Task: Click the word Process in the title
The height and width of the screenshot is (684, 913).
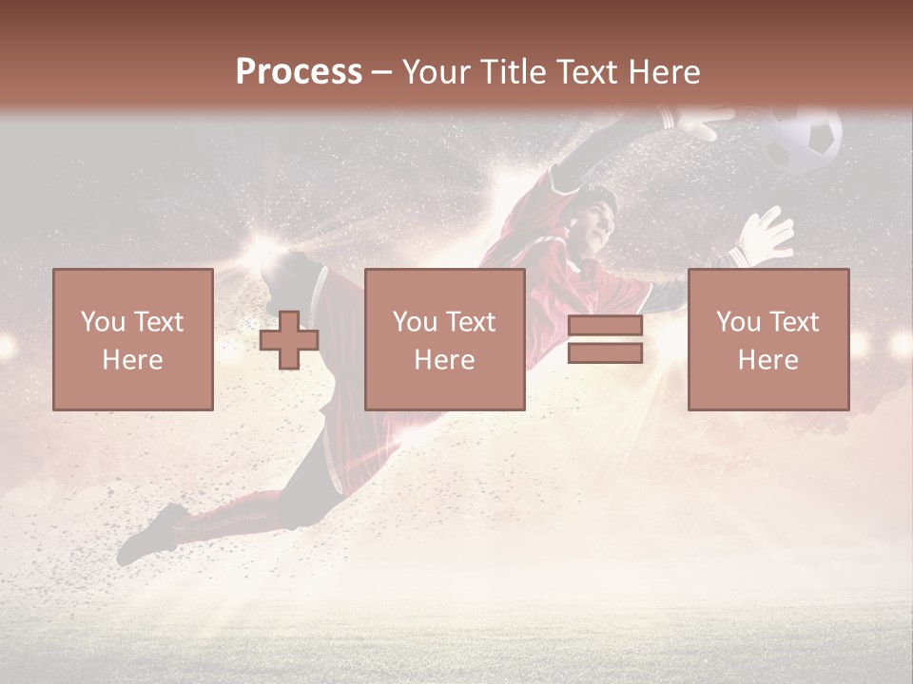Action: pyautogui.click(x=299, y=72)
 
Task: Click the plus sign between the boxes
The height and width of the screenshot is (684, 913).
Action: pyautogui.click(x=289, y=340)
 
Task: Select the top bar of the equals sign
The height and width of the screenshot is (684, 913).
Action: pyautogui.click(x=605, y=326)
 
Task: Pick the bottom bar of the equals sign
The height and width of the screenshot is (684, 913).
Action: pyautogui.click(x=605, y=353)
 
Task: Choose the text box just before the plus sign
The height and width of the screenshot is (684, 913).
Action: pyautogui.click(x=133, y=339)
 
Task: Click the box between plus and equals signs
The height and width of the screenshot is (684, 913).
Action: pyautogui.click(x=444, y=339)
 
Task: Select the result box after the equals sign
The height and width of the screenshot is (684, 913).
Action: pyautogui.click(x=768, y=339)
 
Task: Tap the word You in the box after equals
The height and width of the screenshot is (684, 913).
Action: pyautogui.click(x=739, y=322)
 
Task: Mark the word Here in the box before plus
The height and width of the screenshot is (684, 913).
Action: pyautogui.click(x=132, y=359)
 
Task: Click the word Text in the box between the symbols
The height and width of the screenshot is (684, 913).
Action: pyautogui.click(x=471, y=322)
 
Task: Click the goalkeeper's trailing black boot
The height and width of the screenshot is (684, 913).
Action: pyautogui.click(x=152, y=535)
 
